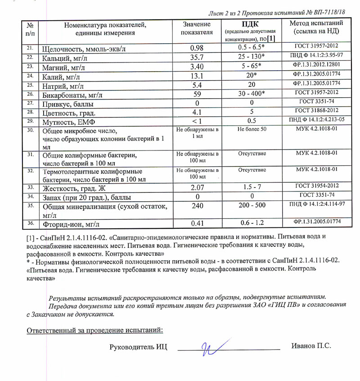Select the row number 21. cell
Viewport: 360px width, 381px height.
click(30, 48)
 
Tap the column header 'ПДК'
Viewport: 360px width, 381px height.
click(250, 24)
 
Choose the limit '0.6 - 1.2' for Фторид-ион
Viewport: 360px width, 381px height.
click(252, 222)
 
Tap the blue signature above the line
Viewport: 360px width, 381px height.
click(214, 347)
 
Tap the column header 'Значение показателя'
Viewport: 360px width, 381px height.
click(197, 28)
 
